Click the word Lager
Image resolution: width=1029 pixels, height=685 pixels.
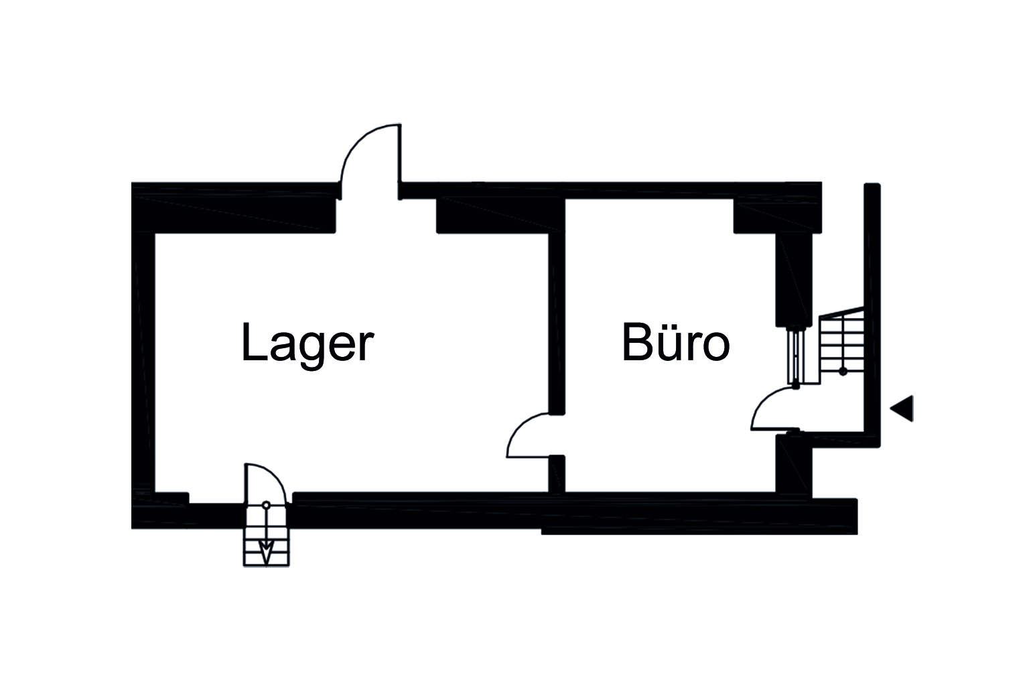[306, 344]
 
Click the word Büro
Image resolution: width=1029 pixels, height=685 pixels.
[675, 344]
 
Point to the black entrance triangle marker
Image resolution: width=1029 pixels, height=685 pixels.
[903, 408]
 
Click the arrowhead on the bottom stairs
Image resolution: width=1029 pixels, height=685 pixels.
[266, 552]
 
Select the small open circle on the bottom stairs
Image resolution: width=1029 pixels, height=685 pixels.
[266, 505]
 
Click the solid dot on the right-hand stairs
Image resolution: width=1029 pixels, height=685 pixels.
[843, 370]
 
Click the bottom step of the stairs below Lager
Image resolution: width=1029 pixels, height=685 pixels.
[266, 559]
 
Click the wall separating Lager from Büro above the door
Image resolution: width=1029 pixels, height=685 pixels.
[556, 315]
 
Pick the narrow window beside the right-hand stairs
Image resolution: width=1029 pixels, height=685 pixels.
[796, 355]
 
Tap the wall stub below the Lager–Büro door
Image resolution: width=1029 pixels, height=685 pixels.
[556, 474]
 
